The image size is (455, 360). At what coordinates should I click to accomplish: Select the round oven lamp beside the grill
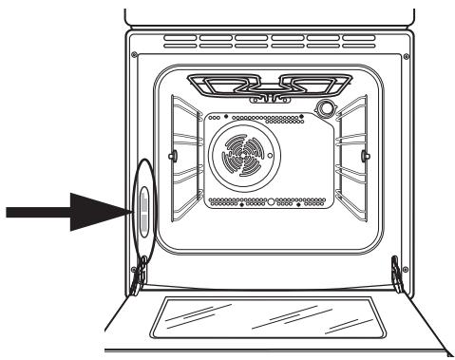(x=327, y=109)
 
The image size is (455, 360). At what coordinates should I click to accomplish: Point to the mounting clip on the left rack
(x=171, y=155)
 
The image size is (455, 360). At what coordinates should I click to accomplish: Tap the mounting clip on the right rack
(x=366, y=155)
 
